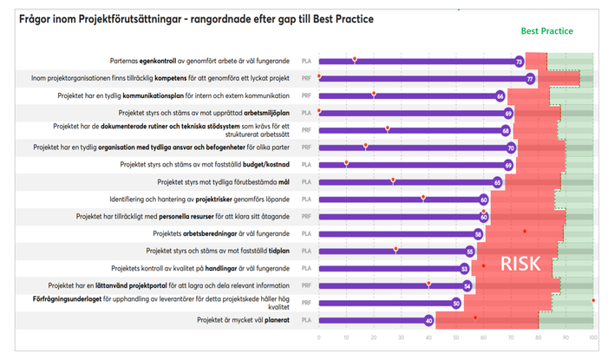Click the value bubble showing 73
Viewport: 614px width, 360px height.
[x=519, y=62]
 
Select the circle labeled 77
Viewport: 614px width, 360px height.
[x=530, y=79]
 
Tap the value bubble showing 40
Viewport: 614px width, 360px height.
[x=428, y=321]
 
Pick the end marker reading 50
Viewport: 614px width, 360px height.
[x=456, y=304]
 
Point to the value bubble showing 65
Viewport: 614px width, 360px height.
[x=498, y=182]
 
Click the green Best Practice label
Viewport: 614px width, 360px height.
[x=546, y=31]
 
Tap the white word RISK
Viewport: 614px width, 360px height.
[x=519, y=264]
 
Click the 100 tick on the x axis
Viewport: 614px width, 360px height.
[x=593, y=337]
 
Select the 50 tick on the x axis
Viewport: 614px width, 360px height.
[x=456, y=337]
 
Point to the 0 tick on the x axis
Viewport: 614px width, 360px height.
[x=319, y=337]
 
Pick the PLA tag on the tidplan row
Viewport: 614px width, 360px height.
[x=305, y=252]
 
